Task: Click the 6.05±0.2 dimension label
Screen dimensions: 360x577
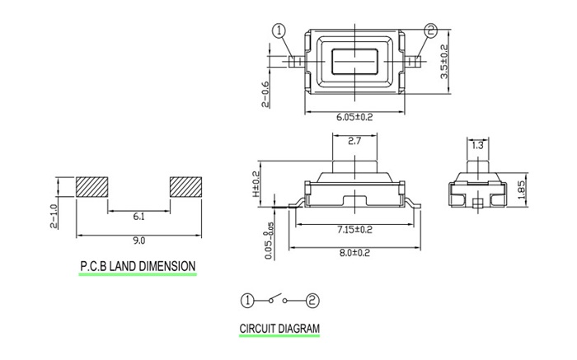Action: (x=354, y=118)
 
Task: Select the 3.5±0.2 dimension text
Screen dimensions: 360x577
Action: (x=445, y=61)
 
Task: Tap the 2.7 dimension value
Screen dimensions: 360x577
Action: (x=354, y=142)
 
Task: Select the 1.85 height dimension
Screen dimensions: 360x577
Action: (x=521, y=190)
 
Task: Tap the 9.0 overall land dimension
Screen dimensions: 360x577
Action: (x=138, y=241)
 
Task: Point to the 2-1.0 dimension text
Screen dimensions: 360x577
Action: (x=54, y=215)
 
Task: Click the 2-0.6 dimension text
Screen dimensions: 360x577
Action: (x=265, y=95)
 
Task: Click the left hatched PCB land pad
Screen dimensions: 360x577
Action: (x=92, y=187)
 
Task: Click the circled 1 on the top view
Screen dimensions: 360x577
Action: (x=279, y=31)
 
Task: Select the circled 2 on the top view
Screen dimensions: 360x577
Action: (x=430, y=31)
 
